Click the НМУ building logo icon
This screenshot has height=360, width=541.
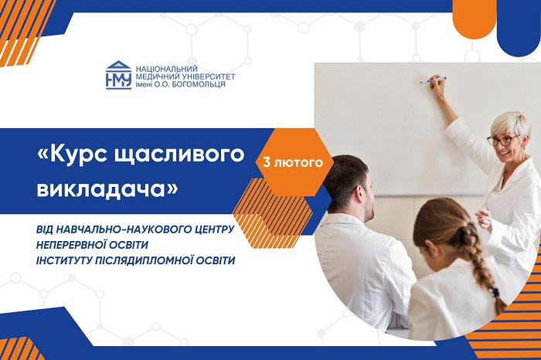click(118, 75)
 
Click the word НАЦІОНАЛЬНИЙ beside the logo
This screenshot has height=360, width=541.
click(167, 69)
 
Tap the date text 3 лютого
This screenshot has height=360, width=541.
click(293, 162)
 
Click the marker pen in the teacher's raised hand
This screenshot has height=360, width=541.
click(433, 80)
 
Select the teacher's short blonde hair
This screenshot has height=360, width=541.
click(512, 124)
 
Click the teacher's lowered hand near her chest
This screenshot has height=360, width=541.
click(484, 219)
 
